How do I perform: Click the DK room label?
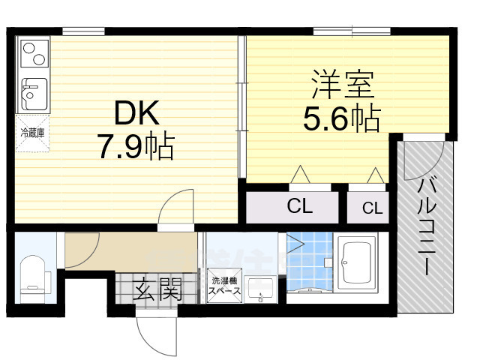coord(137,114)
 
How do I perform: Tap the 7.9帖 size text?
coord(136,146)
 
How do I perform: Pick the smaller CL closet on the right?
coord(372,208)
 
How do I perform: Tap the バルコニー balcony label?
coord(427,225)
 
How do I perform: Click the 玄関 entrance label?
coord(157,289)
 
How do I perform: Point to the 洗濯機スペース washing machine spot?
coord(223,284)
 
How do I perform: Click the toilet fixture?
coord(33,274)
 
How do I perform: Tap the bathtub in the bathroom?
coord(355,263)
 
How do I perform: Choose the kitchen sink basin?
coord(31,93)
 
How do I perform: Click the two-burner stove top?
coord(32,55)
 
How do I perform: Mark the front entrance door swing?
coord(156,330)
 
